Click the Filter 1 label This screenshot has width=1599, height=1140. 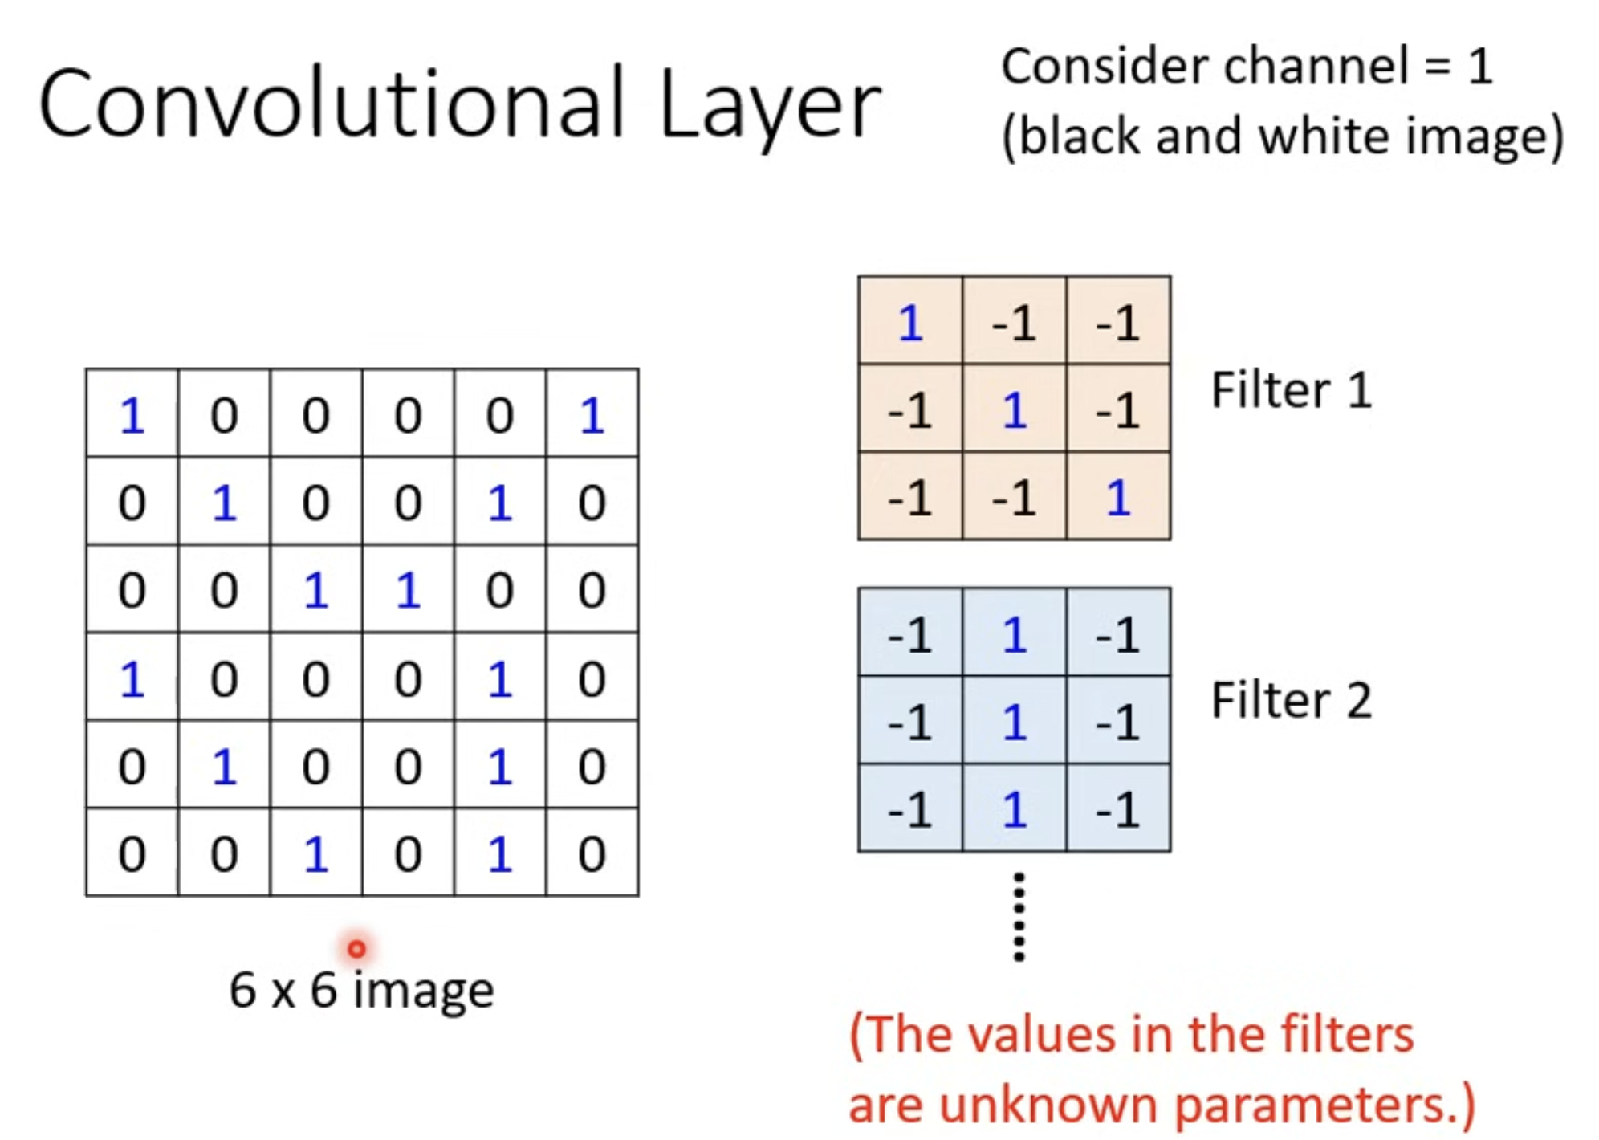click(1291, 390)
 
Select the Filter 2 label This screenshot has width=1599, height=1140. click(1291, 699)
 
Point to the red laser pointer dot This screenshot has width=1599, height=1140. click(356, 949)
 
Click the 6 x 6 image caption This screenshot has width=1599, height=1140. click(361, 990)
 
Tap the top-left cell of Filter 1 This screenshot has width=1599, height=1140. click(910, 320)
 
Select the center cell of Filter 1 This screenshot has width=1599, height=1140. click(1015, 409)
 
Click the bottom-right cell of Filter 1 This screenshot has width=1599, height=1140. click(1118, 495)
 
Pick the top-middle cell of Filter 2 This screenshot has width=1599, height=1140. click(1015, 633)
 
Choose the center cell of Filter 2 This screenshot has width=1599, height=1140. click(1015, 720)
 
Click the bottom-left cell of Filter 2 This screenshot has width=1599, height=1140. click(910, 808)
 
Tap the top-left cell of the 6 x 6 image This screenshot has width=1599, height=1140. click(132, 413)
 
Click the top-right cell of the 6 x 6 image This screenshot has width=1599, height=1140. click(592, 413)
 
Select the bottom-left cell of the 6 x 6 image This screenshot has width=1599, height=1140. click(132, 852)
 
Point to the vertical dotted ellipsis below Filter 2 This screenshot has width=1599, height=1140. click(1019, 917)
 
